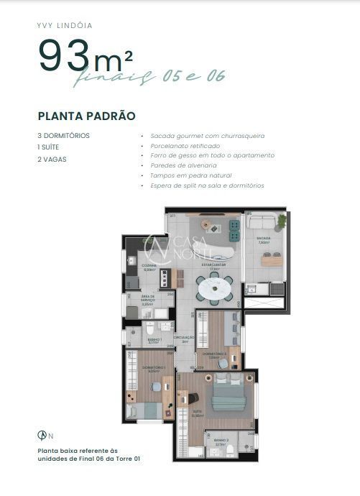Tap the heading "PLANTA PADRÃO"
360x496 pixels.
point(87,116)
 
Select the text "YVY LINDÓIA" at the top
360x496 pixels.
point(65,25)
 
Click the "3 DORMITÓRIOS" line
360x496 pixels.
point(64,135)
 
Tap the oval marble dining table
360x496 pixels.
point(215,288)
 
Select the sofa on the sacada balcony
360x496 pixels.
point(262,223)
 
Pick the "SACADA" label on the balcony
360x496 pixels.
point(263,239)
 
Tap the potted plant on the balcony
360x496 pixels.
point(282,220)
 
